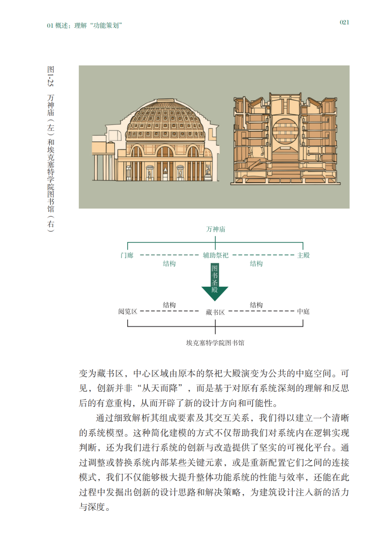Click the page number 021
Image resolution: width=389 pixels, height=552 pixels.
coord(344,22)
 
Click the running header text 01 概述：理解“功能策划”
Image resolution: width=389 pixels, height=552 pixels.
coord(84,25)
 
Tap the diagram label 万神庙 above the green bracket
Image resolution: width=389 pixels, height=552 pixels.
coord(215,229)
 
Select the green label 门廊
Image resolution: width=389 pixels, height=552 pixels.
coord(127,255)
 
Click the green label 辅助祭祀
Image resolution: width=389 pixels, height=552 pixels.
coord(215,255)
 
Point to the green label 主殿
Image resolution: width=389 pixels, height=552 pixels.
coord(303,255)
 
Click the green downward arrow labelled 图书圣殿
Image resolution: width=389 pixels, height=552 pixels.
coord(215,282)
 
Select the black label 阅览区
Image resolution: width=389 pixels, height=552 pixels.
coord(128,311)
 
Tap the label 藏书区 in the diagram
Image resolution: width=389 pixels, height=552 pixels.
coord(215,313)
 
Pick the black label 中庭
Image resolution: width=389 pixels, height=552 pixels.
coord(303,311)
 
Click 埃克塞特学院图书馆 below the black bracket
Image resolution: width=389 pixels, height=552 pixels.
coord(215,343)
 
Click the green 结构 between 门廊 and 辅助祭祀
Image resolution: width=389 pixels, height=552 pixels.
coord(169,264)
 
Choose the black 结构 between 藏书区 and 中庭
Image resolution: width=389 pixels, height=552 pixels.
coord(256,305)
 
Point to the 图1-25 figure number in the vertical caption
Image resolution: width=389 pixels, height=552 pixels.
coord(50,76)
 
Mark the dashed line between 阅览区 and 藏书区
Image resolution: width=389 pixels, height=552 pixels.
coord(169,311)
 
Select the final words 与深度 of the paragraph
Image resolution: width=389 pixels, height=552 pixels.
coord(92,507)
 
